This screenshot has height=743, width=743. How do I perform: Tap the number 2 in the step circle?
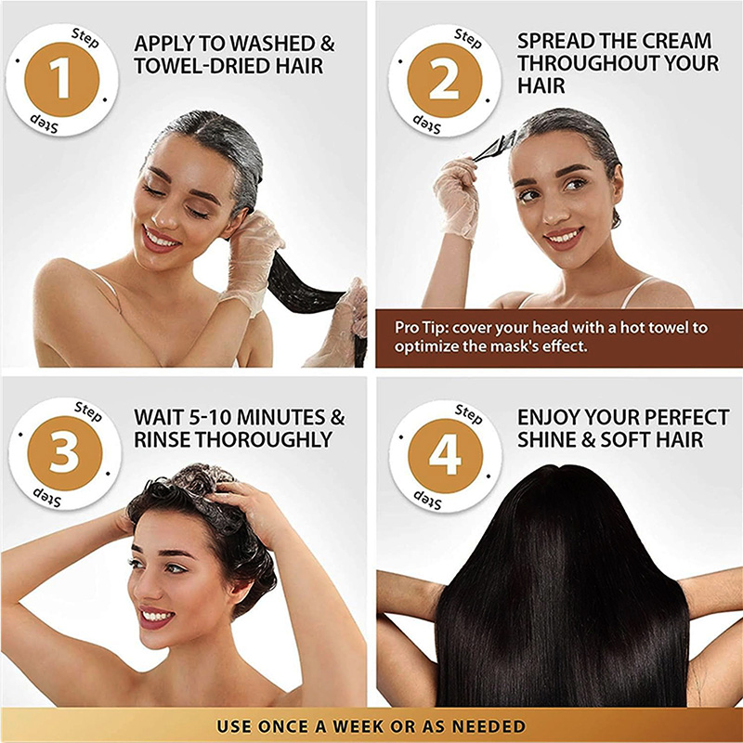444,80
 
